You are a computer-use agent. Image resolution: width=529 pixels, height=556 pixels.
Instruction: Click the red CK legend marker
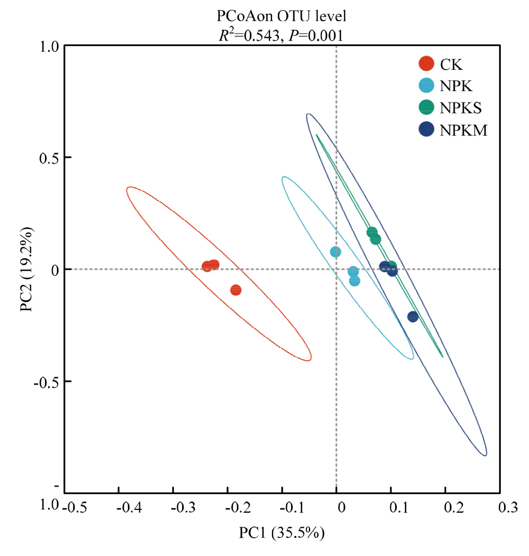tap(427, 64)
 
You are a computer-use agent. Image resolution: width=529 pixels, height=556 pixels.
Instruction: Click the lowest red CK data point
tap(235, 290)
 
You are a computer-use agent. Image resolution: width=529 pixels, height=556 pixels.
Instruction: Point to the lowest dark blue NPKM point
tap(413, 317)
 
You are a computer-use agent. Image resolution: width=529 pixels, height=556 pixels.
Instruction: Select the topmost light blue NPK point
tap(336, 252)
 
